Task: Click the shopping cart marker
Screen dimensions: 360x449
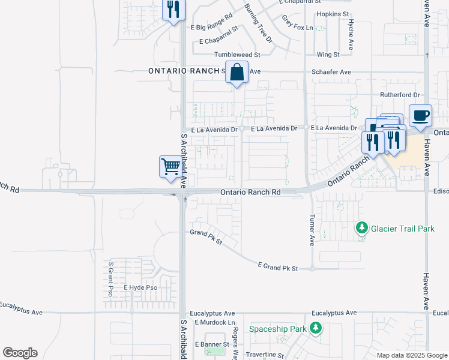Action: [170, 166]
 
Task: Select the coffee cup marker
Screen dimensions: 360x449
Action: [420, 115]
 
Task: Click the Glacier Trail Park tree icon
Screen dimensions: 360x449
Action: [361, 228]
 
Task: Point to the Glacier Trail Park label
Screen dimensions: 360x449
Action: [402, 229]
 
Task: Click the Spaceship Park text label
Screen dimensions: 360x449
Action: [277, 329]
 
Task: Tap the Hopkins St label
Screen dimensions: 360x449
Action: [333, 14]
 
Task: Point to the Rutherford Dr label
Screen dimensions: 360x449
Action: [400, 95]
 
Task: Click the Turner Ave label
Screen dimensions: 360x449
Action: [312, 231]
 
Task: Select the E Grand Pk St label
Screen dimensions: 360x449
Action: [278, 267]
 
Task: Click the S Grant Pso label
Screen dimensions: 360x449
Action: [110, 278]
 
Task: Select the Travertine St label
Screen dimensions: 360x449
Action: [264, 355]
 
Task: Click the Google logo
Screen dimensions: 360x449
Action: [20, 353]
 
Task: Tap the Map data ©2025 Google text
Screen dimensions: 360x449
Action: [412, 355]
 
